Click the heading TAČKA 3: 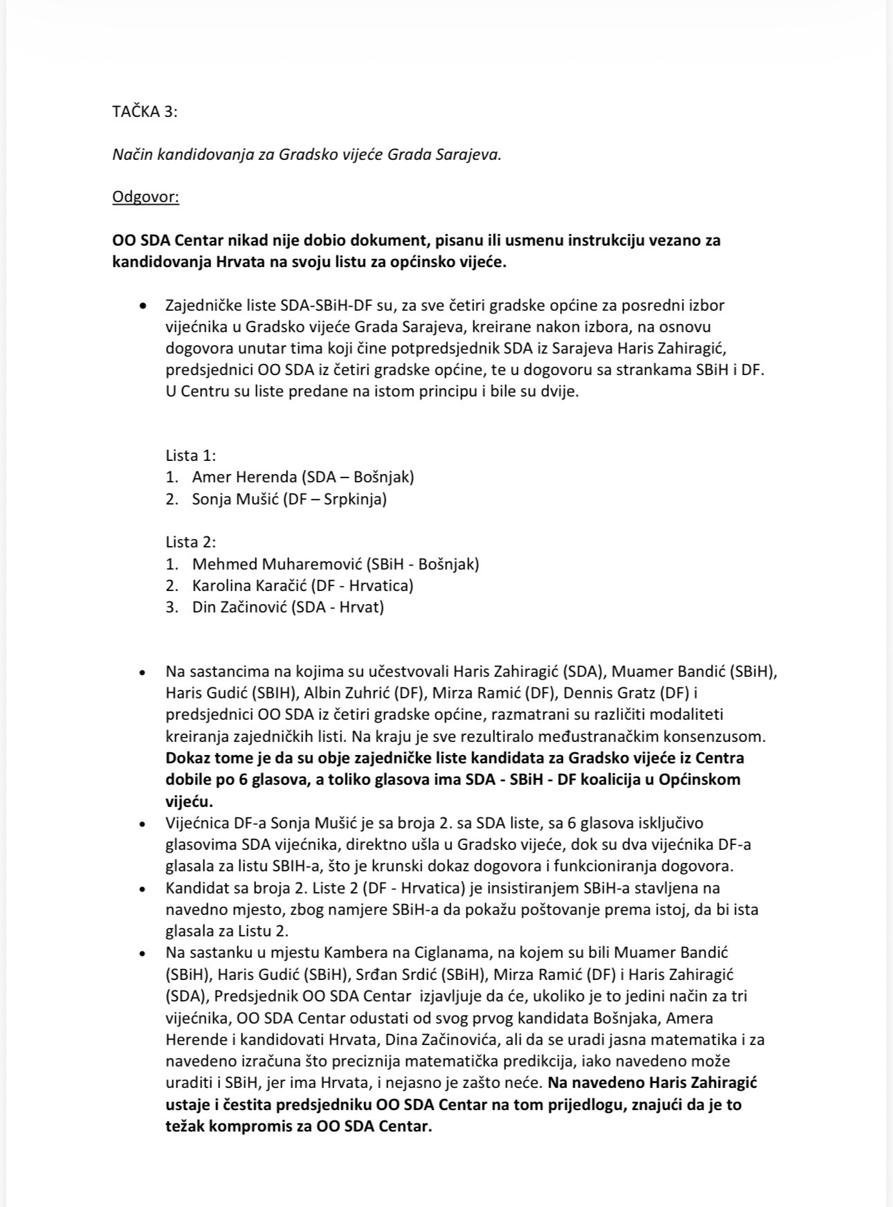145,111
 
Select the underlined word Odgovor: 145,197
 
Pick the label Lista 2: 190,542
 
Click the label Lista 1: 190,455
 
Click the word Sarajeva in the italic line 468,154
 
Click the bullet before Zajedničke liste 143,305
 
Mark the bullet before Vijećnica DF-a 143,824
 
